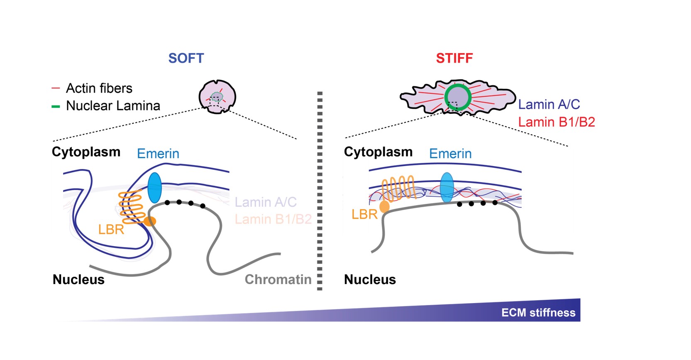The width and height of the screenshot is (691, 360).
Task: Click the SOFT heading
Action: (186, 58)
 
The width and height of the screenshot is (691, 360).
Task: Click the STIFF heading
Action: (454, 58)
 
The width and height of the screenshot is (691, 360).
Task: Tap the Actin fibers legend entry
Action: (99, 88)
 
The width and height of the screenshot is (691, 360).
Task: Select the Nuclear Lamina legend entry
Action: (113, 106)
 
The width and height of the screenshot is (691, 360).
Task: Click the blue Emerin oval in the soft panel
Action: (154, 188)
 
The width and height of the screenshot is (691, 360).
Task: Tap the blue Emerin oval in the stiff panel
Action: (447, 187)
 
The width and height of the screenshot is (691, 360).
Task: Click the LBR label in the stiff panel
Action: (364, 214)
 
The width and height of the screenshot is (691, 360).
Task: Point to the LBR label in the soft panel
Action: (111, 229)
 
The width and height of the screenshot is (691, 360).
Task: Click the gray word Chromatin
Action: (278, 279)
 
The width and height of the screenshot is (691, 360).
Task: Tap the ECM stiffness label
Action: (538, 313)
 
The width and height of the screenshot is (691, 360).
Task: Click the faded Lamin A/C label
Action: (266, 202)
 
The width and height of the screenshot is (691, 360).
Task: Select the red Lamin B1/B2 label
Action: (557, 122)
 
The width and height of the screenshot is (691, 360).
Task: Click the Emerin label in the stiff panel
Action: (450, 154)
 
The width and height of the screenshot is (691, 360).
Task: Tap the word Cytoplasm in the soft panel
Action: (86, 152)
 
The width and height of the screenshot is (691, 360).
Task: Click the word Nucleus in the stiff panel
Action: (370, 279)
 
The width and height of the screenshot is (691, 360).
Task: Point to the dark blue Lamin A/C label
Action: (549, 104)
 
